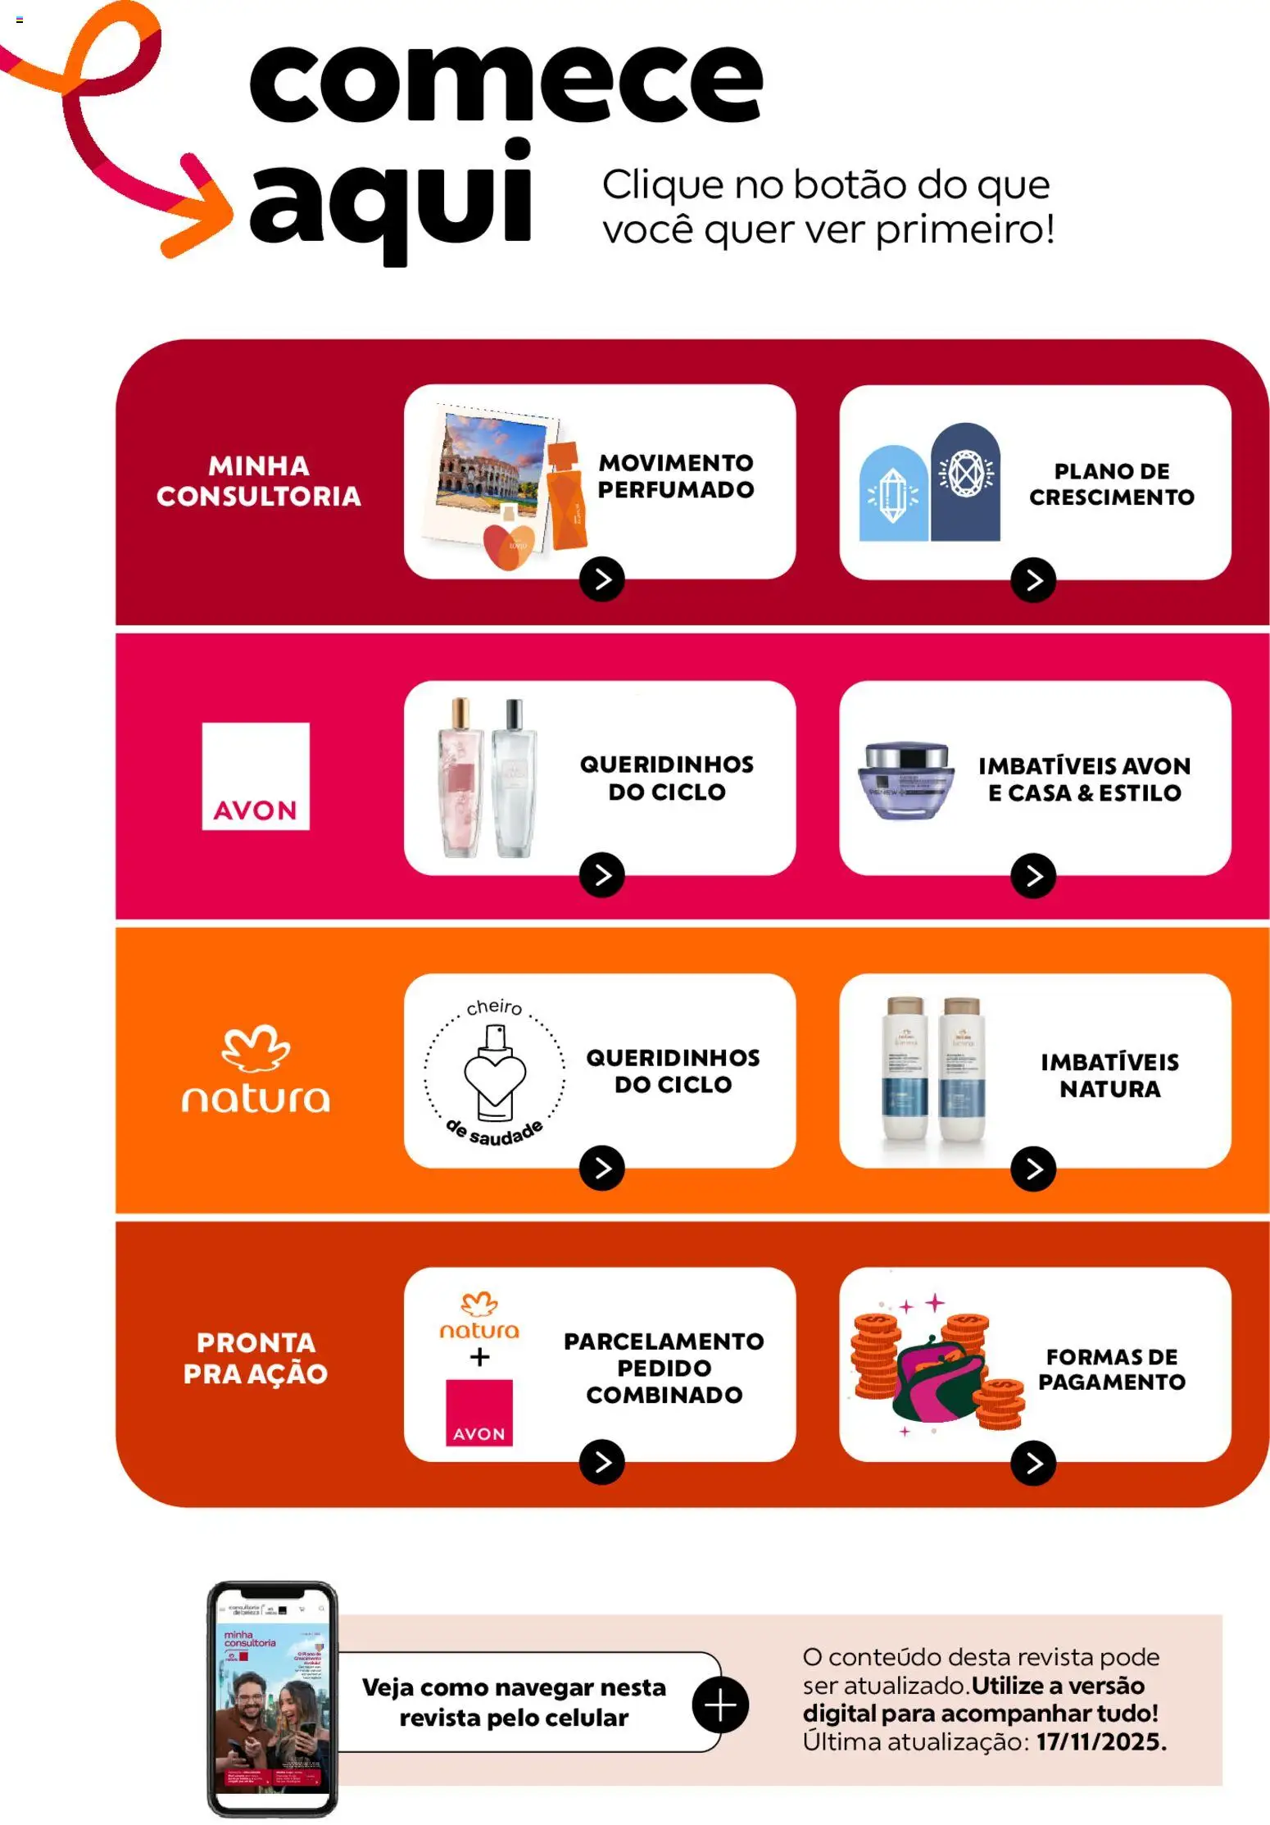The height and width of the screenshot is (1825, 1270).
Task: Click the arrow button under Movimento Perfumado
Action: [602, 579]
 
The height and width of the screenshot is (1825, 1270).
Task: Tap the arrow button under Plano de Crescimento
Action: [1033, 580]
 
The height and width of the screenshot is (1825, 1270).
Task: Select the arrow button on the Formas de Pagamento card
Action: [1033, 1463]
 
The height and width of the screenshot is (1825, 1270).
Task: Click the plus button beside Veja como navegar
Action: [720, 1705]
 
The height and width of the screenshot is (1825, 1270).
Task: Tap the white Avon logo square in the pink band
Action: [256, 776]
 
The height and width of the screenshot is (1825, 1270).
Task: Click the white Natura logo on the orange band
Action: [256, 1069]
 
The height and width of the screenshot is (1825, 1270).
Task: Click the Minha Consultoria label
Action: [259, 481]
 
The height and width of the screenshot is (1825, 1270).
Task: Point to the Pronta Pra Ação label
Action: [256, 1358]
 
